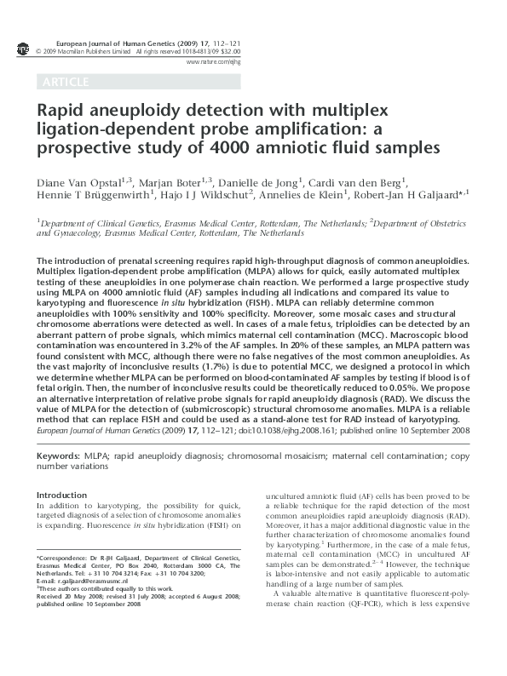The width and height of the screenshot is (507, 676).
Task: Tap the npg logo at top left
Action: [23, 50]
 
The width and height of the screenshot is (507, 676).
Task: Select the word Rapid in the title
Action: [61, 111]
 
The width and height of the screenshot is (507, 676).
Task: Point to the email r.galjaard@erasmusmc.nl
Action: [89, 579]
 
